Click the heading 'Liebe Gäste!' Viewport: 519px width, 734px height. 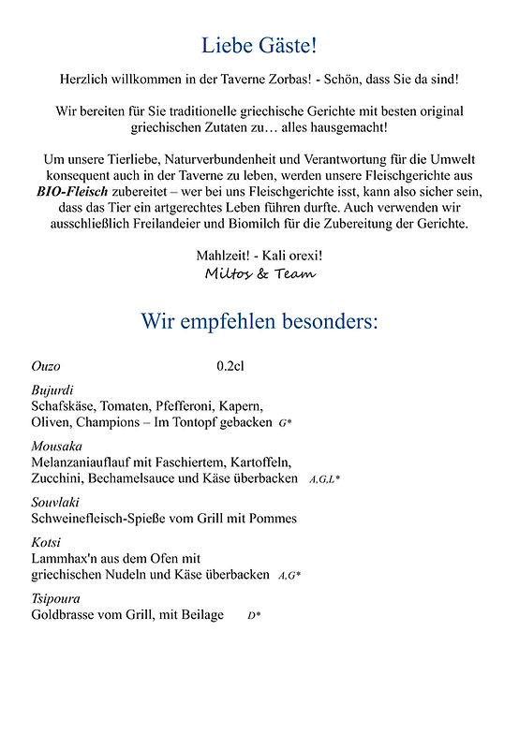point(259,44)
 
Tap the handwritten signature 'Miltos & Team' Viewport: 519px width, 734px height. point(259,273)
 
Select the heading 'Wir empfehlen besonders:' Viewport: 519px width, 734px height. point(259,321)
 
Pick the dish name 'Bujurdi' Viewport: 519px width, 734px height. point(52,389)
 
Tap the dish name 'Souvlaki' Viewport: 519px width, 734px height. point(55,502)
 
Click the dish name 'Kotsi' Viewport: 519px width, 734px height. point(46,542)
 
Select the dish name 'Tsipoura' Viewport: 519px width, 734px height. point(55,598)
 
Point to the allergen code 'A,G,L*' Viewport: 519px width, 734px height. point(324,479)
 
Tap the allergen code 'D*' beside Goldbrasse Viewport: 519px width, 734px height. point(254,616)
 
